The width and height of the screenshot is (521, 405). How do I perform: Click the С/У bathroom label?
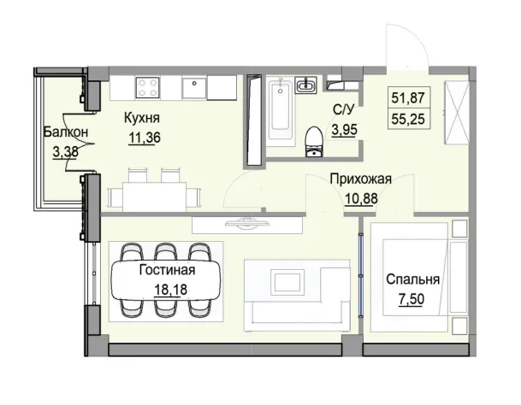pyautogui.click(x=342, y=109)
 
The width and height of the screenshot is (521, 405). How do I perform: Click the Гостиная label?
pyautogui.click(x=167, y=271)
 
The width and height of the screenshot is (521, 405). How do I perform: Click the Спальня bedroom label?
pyautogui.click(x=414, y=279)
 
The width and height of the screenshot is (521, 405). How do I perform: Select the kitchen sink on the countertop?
pyautogui.click(x=195, y=85)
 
